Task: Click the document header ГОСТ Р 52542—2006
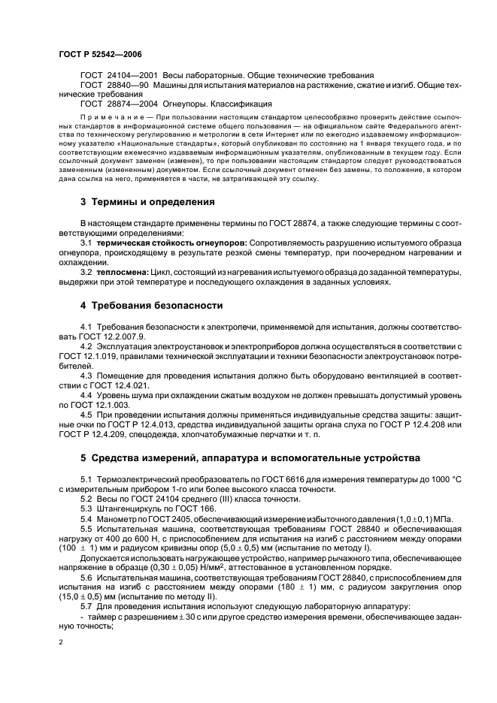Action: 100,55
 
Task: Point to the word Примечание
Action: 109,118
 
